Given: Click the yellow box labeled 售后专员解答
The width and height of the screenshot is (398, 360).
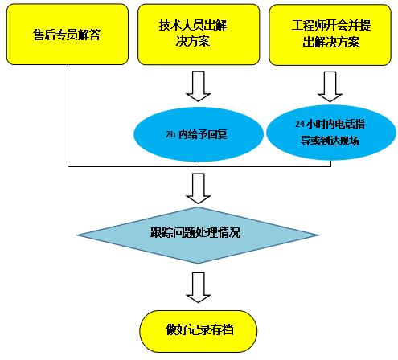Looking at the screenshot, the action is tap(68, 35).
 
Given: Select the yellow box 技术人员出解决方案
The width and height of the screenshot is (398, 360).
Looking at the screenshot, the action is tap(199, 35).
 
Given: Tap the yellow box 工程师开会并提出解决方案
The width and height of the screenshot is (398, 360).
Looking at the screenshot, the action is tap(330, 35).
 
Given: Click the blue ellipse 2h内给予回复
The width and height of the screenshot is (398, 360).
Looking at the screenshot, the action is tap(199, 134).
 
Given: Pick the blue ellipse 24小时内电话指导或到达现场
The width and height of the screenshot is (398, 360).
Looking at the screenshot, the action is tap(331, 133).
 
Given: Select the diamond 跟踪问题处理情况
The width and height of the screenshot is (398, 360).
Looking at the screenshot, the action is tap(198, 235).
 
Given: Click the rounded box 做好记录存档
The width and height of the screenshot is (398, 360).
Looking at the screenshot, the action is tap(198, 331).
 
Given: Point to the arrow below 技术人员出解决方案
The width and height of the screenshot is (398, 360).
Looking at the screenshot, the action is tap(199, 86).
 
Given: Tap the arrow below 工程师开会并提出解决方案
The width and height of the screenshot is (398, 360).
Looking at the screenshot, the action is tap(330, 87).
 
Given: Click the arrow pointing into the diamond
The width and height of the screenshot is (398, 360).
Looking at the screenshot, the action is tap(199, 189).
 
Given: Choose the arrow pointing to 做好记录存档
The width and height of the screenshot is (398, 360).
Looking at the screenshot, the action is tap(199, 288).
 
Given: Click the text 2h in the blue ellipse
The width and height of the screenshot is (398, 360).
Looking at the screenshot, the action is tap(170, 134).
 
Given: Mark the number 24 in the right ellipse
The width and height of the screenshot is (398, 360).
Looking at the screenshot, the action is tap(300, 124).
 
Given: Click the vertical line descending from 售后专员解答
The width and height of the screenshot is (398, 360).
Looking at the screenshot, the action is tap(68, 116).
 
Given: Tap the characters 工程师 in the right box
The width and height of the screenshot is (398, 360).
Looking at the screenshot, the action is tap(308, 25).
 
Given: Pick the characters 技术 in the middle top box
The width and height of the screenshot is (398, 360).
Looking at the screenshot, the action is tap(170, 25).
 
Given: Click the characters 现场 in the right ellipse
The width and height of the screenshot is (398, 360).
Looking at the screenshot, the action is tap(348, 141).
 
